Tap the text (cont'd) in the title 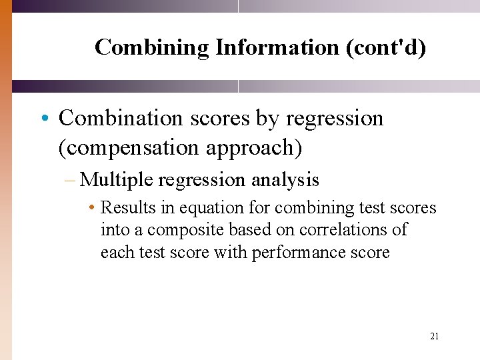click(385, 47)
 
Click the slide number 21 click(434, 337)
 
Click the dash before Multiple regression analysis click(72, 180)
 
